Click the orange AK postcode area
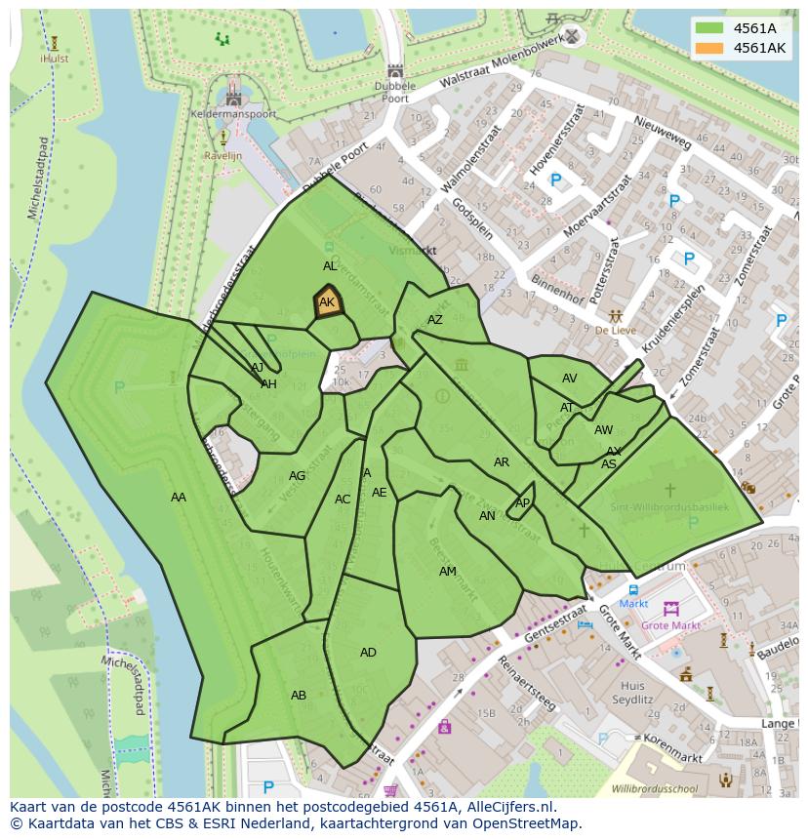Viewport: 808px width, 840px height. click(x=327, y=302)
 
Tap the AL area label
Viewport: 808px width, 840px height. click(x=330, y=266)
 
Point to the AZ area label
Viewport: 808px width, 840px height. click(x=435, y=320)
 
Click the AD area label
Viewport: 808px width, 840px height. click(x=368, y=653)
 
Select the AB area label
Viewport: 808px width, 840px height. click(x=299, y=696)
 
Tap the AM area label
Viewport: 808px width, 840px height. click(x=447, y=572)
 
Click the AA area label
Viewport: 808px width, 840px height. click(x=179, y=498)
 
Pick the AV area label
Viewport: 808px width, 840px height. click(x=569, y=379)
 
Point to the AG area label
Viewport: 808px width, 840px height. click(x=298, y=476)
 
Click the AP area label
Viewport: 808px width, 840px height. click(x=522, y=503)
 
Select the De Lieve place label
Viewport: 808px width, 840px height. click(x=616, y=331)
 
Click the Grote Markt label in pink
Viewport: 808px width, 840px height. click(x=670, y=625)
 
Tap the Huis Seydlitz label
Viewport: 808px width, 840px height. click(x=631, y=693)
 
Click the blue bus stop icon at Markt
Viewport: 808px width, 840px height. click(x=633, y=590)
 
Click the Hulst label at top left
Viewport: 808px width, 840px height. click(x=54, y=59)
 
